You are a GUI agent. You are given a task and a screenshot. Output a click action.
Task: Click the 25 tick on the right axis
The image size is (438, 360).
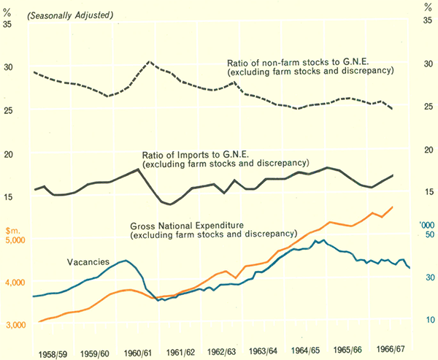click(x=429, y=107)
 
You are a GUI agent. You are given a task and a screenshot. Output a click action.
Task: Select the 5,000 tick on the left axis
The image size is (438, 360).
click(x=13, y=240)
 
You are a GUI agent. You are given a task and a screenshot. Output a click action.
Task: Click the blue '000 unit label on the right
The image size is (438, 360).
click(x=427, y=224)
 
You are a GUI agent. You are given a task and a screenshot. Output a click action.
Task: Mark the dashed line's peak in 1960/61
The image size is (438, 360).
click(x=149, y=62)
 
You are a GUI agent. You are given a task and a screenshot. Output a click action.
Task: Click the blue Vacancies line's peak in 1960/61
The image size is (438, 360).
click(x=126, y=261)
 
